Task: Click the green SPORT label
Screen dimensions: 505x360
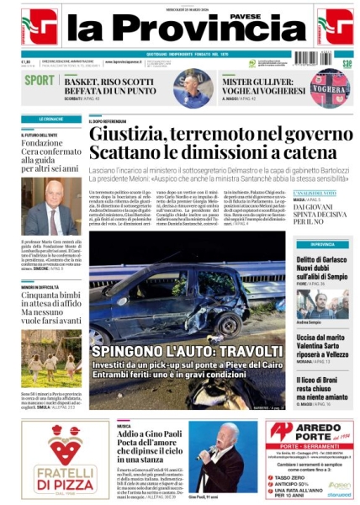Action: tap(40, 81)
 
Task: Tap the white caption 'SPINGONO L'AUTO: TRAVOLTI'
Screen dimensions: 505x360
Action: tap(187, 350)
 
